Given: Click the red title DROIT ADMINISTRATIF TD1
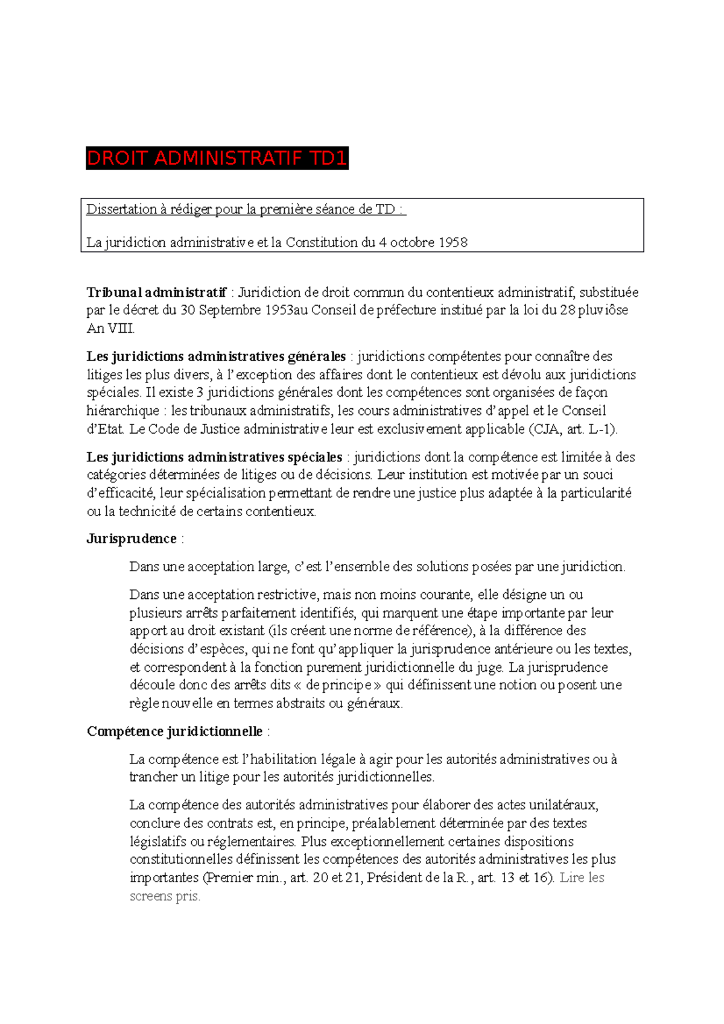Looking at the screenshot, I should (x=217, y=159).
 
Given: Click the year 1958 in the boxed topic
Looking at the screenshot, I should (x=453, y=242).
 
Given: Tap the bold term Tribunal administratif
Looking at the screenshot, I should (x=156, y=292).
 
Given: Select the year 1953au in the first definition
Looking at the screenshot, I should (x=286, y=311).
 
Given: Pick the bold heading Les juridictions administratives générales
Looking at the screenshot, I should (x=216, y=356).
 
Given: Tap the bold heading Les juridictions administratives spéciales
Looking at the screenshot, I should (x=214, y=457).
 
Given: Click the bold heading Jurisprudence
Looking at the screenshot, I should (x=132, y=539).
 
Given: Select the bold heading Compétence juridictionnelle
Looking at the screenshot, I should (x=175, y=732).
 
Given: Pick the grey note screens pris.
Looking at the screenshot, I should (x=165, y=896).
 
